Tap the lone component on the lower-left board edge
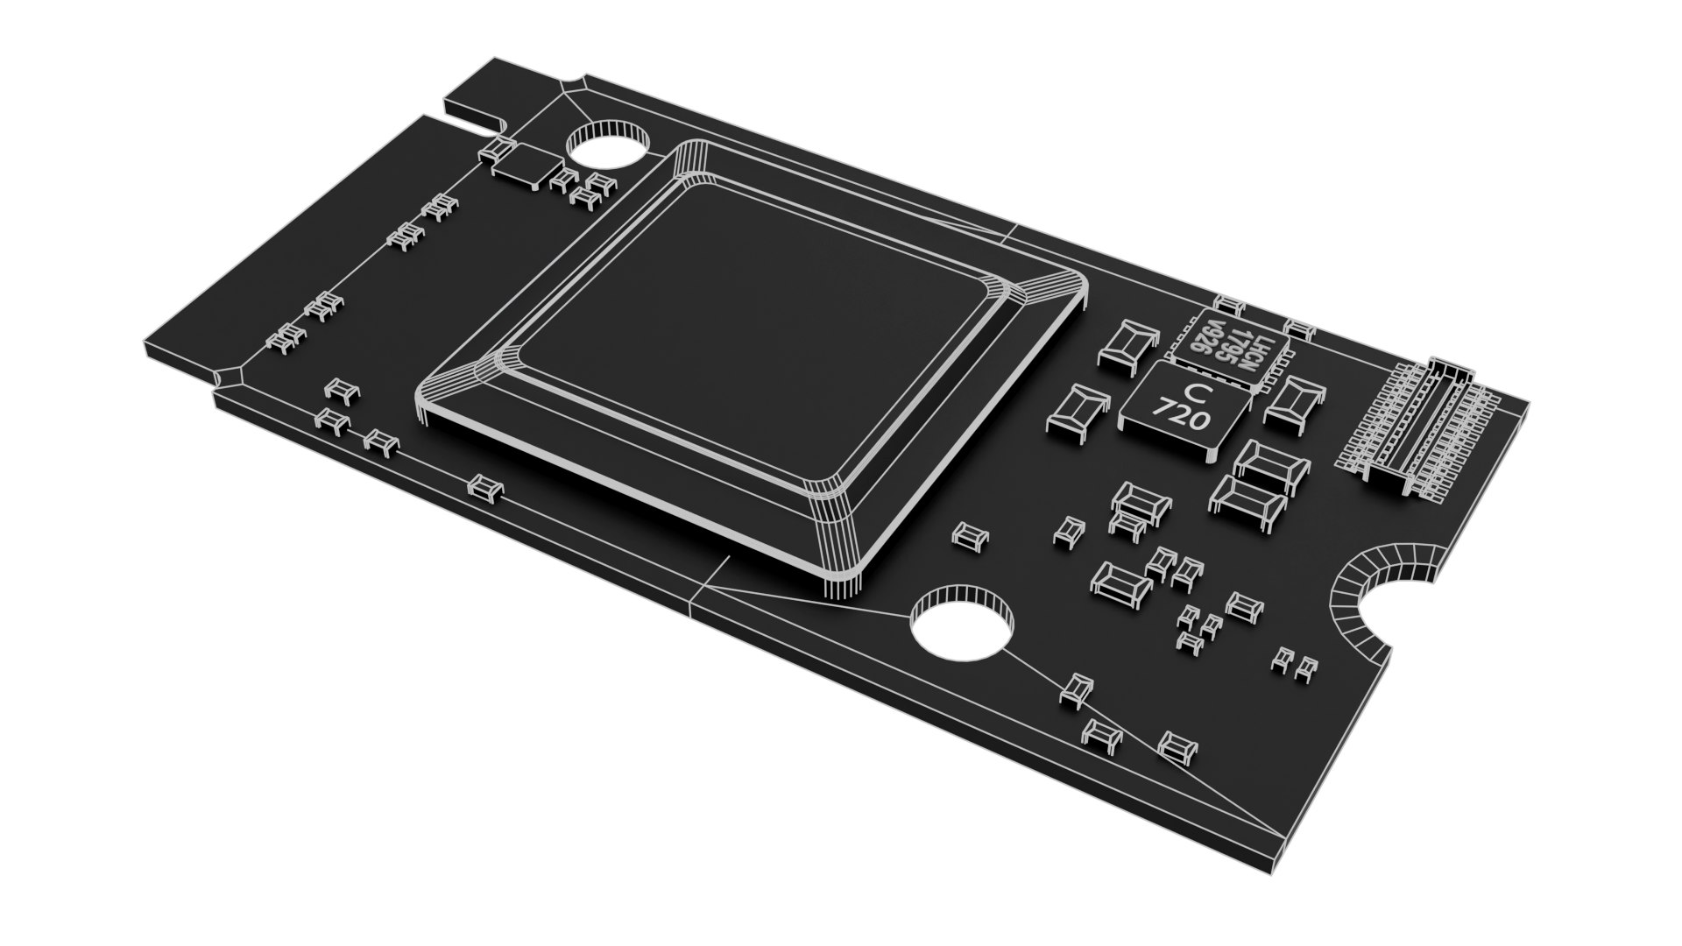click(x=485, y=487)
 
